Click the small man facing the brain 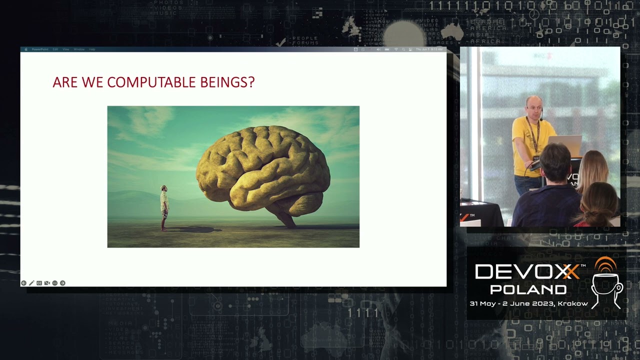164,207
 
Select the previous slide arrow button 23,283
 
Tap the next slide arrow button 62,283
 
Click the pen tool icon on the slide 31,283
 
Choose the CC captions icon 39,283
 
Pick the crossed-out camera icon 47,283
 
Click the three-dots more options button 55,283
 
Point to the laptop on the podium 565,145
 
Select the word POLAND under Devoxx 528,289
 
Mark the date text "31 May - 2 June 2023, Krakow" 528,303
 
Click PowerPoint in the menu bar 39,49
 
